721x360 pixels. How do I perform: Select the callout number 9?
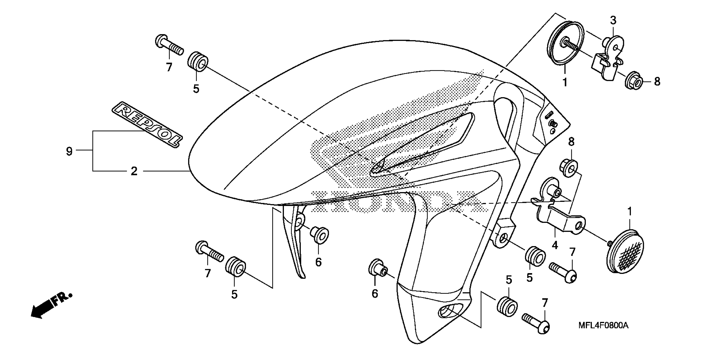point(69,151)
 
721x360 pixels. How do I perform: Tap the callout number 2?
point(134,171)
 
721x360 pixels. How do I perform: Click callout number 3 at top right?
point(613,20)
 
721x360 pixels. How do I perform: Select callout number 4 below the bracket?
point(555,245)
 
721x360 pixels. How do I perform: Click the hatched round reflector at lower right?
point(626,255)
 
